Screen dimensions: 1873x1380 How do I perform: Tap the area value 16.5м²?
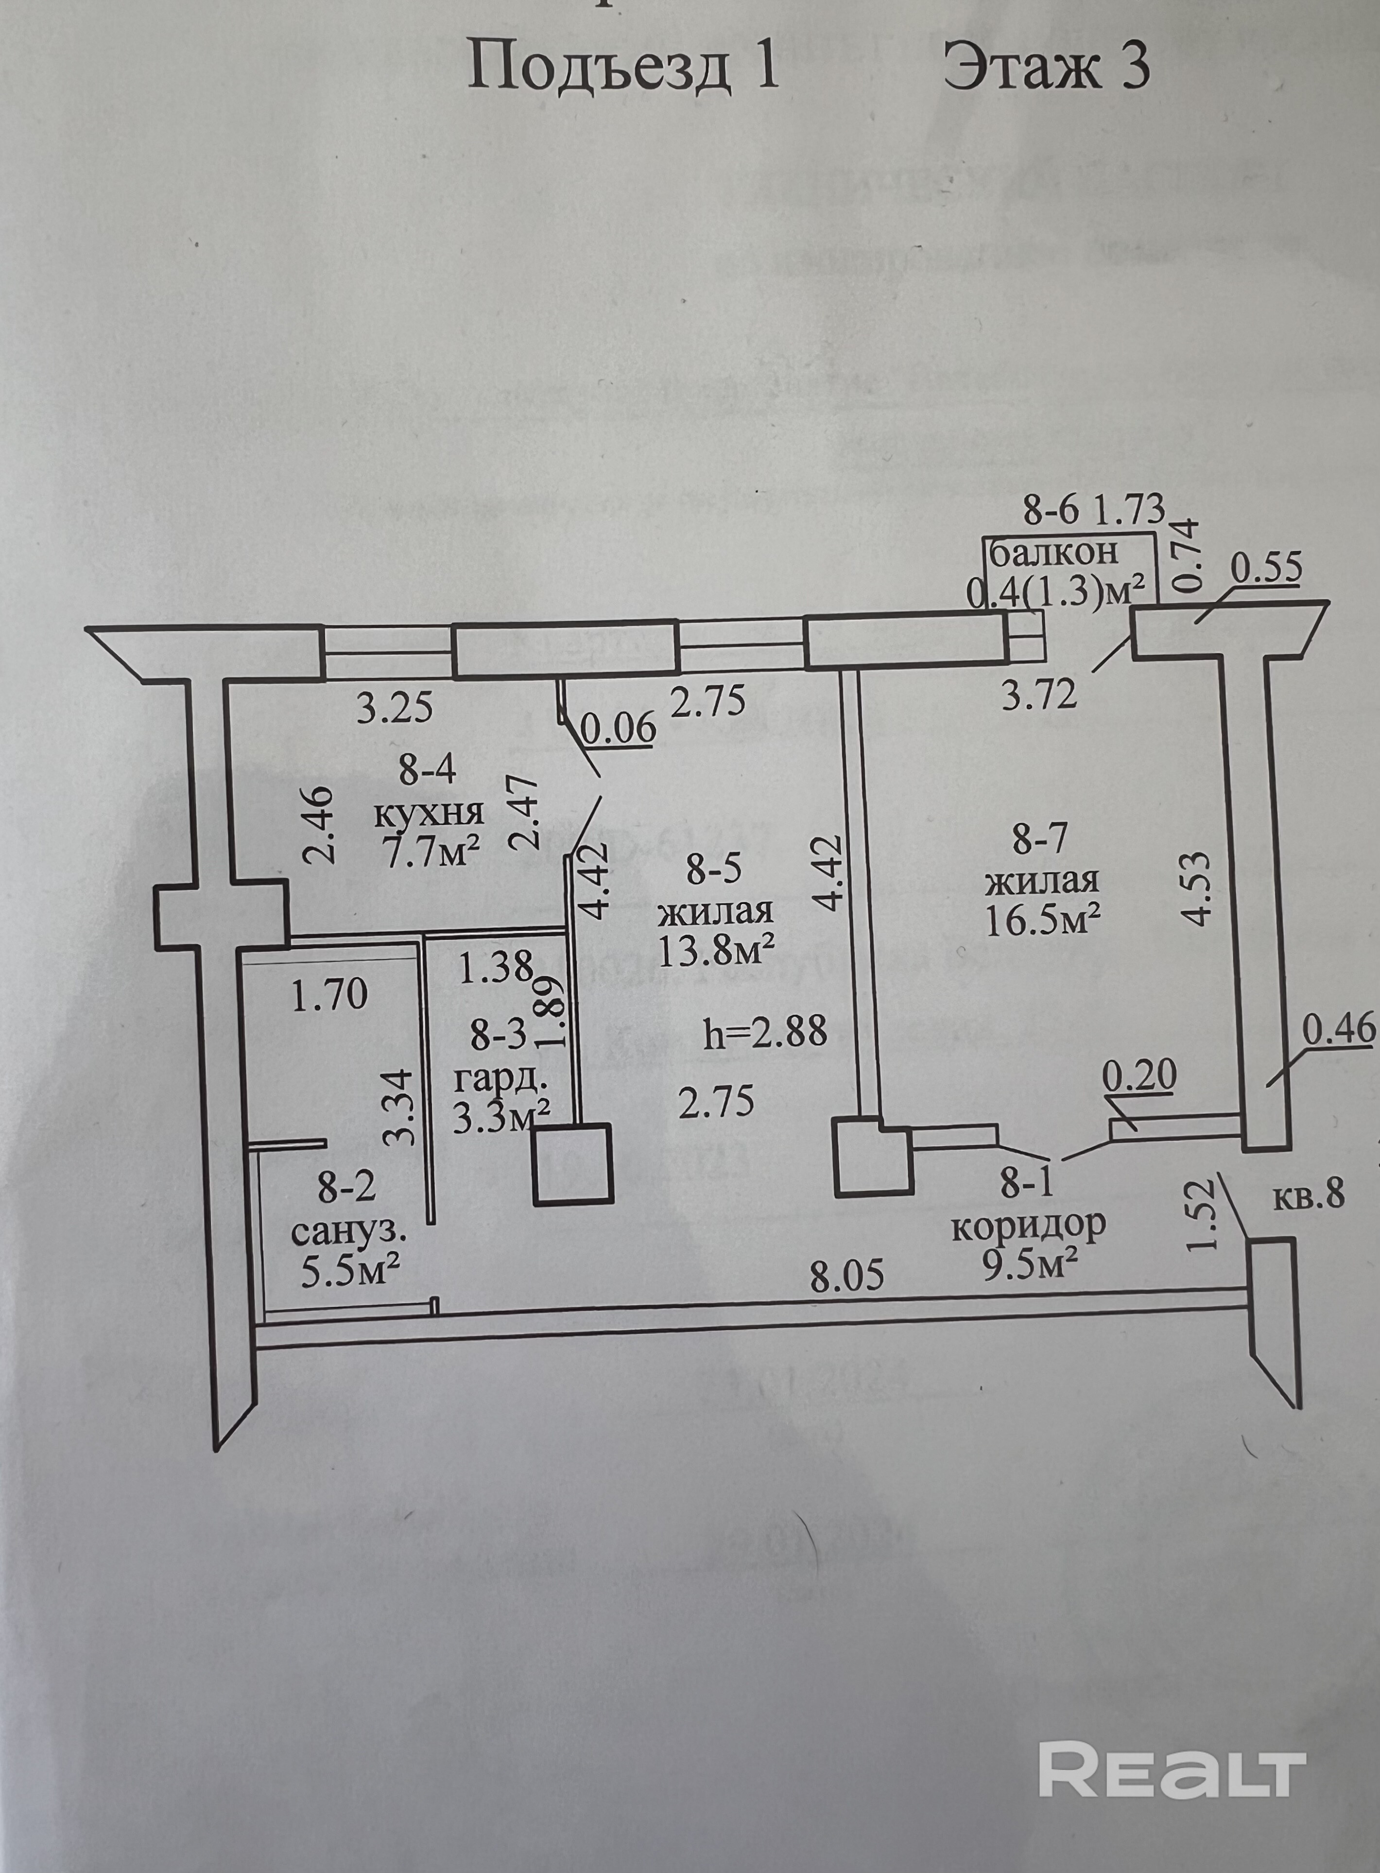pos(1042,921)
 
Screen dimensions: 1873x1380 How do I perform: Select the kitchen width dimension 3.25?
pos(395,709)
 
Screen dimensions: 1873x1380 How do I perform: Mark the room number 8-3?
pos(499,1036)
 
